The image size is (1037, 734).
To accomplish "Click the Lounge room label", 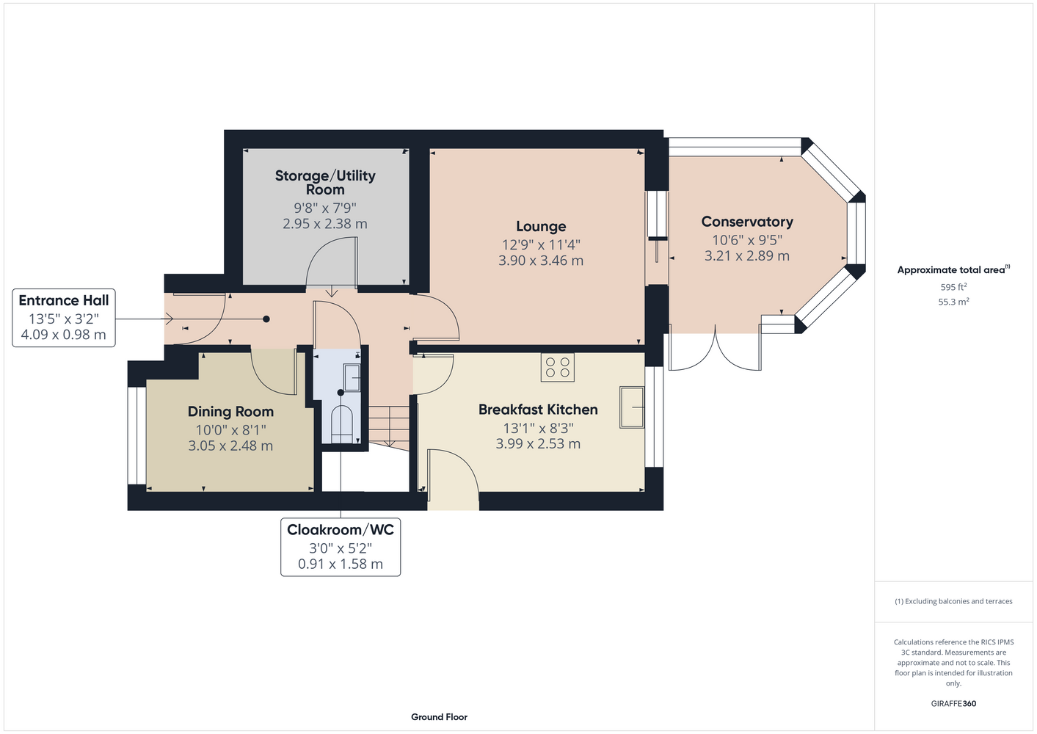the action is tap(541, 227).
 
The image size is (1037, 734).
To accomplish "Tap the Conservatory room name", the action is tap(746, 222).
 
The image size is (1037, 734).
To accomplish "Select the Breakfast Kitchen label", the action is tap(538, 410).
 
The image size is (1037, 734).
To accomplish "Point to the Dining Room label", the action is tap(230, 412).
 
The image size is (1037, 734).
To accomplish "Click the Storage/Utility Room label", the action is tap(325, 183).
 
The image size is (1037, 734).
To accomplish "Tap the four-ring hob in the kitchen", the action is tap(557, 367).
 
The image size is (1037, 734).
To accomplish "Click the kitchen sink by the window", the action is tap(632, 407).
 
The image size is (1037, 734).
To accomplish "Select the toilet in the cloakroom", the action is tap(342, 424).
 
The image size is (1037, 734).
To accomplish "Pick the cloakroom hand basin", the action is tap(352, 378).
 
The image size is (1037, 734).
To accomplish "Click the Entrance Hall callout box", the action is tap(63, 318).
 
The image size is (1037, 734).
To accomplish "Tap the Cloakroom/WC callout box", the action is tap(341, 547).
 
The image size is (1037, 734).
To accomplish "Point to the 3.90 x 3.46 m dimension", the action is tap(541, 261).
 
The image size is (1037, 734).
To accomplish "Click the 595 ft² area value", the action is tap(953, 287).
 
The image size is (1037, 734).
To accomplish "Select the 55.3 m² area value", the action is tap(953, 302).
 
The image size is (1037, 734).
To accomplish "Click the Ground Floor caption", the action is tap(440, 717).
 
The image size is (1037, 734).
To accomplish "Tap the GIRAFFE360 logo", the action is tap(953, 703).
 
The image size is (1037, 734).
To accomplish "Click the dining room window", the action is tap(137, 436).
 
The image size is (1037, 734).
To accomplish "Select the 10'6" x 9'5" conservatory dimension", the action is tap(746, 240).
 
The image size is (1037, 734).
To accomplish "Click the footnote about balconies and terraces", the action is tap(953, 601).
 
